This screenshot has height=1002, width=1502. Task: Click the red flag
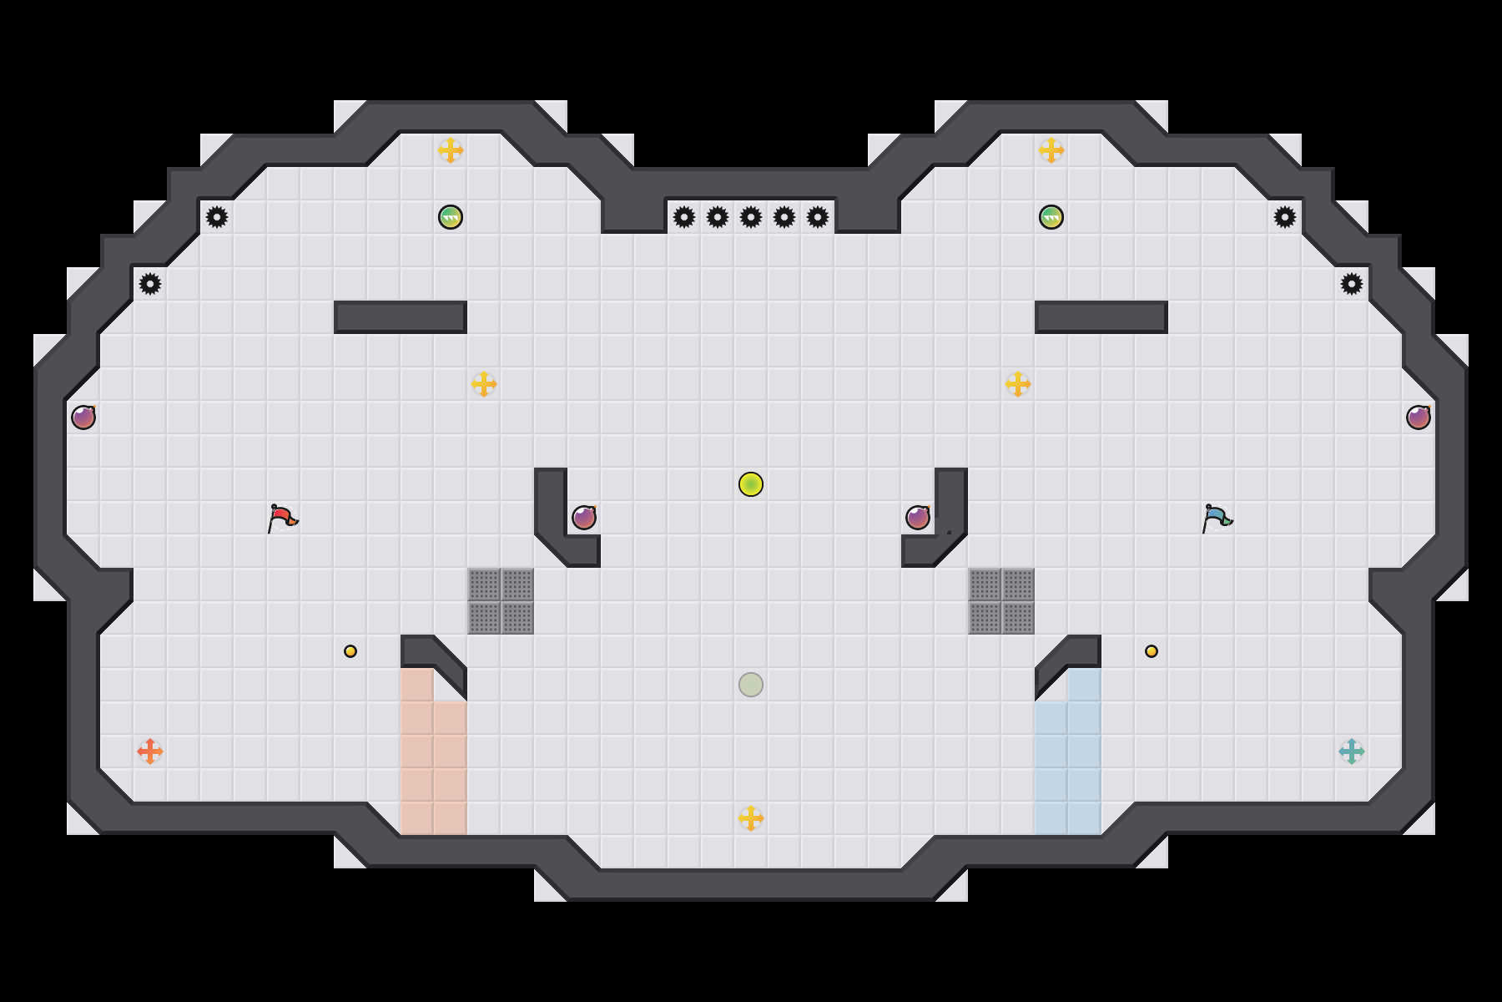282,518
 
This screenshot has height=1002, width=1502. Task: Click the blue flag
1217,518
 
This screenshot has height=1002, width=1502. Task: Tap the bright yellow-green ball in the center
751,484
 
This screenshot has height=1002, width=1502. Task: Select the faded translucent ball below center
751,685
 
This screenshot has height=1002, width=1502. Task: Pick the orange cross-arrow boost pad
150,751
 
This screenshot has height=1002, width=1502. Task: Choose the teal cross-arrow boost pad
1352,751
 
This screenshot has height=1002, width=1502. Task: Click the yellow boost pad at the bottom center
751,818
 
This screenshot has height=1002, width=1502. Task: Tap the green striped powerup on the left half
451,217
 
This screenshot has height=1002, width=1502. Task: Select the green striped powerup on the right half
1051,217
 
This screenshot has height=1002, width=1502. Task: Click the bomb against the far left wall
83,417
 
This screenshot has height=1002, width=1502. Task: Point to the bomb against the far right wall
1419,417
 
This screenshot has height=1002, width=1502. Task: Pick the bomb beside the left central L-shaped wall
584,518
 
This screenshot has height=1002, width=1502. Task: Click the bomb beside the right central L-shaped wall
918,518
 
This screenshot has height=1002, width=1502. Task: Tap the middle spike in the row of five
751,217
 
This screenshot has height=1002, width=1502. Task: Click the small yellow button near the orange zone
350,651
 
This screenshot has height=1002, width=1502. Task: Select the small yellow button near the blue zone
1152,651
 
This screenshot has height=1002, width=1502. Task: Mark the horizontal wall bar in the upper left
401,317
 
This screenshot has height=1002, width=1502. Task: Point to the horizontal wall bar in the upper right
1101,317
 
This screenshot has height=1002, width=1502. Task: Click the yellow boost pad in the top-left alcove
451,150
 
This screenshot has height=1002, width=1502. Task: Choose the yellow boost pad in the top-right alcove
1051,150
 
